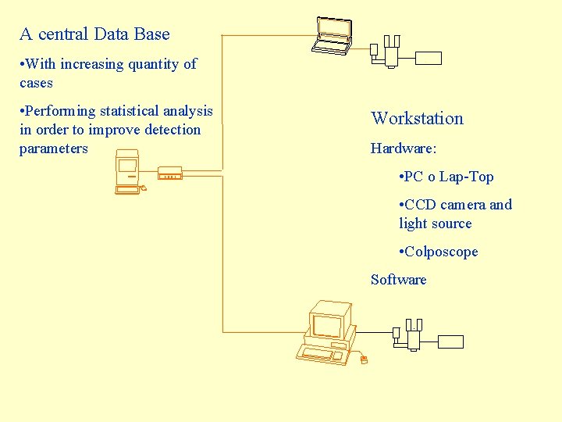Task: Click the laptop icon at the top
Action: [x=333, y=36]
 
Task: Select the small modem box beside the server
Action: [x=170, y=173]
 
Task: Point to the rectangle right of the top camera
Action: [x=429, y=58]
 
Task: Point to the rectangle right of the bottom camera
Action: [x=450, y=342]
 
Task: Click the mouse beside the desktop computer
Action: [x=363, y=360]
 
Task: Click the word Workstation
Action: [x=417, y=119]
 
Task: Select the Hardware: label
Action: [x=403, y=148]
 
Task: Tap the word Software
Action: [x=398, y=280]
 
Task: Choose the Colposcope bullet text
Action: [x=441, y=252]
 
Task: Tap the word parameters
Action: [x=53, y=148]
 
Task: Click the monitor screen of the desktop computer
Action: [x=328, y=323]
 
